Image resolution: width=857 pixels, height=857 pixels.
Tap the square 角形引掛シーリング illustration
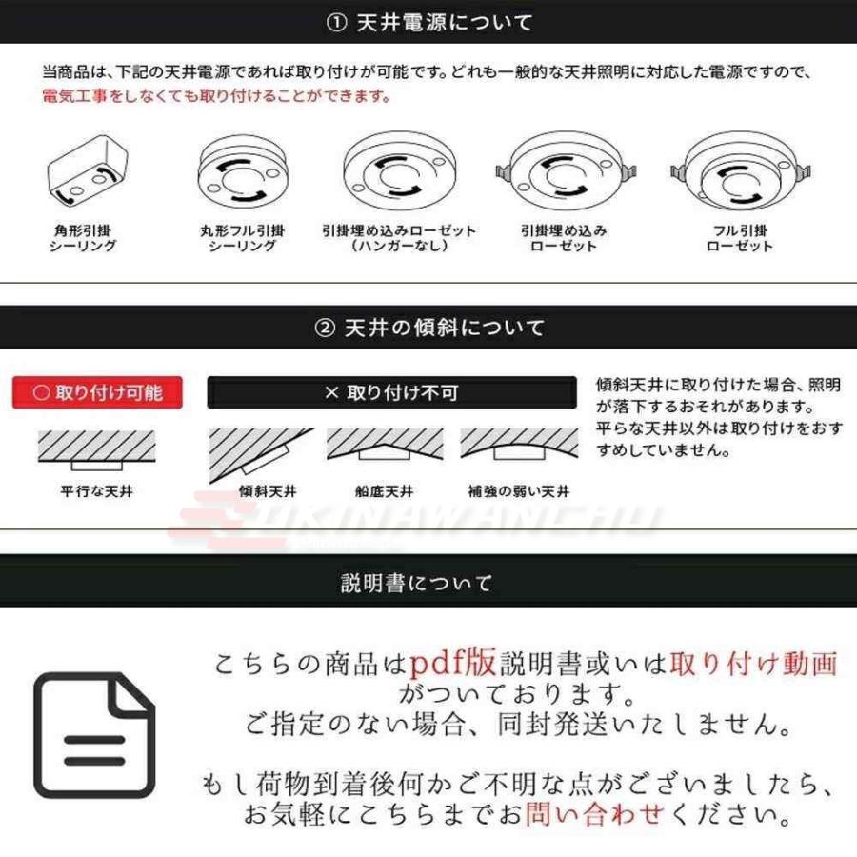click(88, 170)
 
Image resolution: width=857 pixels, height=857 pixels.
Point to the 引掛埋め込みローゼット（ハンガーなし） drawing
click(400, 171)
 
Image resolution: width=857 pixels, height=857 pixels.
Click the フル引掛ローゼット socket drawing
click(741, 171)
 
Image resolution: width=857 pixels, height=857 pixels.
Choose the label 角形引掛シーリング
click(83, 238)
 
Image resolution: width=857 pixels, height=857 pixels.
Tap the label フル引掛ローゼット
click(740, 238)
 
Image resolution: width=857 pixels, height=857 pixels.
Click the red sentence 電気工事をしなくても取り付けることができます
click(216, 96)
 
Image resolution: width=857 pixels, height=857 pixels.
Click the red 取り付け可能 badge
click(97, 392)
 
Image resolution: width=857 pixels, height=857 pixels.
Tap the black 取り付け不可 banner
click(392, 392)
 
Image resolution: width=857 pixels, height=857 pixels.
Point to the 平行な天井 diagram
click(97, 449)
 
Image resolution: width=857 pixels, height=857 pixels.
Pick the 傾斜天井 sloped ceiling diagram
click(261, 455)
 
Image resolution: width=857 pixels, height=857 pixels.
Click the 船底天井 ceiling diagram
click(385, 444)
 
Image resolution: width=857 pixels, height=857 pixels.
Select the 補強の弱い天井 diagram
click(519, 444)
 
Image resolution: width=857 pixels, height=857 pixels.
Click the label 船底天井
click(385, 491)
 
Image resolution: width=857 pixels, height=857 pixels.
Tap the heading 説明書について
click(416, 583)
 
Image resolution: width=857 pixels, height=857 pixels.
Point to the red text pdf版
click(453, 663)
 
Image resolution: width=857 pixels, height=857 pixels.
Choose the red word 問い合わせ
click(594, 814)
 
